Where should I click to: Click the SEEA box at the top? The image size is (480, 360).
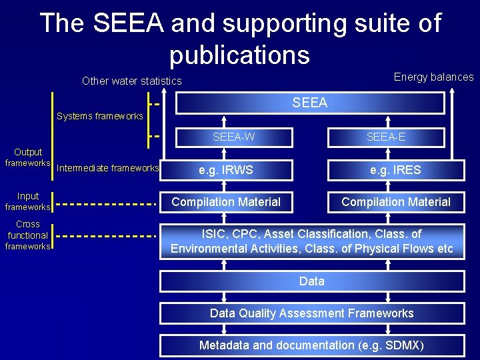click(310, 103)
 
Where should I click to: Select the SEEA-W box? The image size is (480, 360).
click(233, 137)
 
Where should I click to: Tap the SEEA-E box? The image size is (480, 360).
click(386, 137)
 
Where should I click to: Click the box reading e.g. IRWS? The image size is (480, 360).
click(226, 170)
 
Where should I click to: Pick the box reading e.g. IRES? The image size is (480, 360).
click(396, 170)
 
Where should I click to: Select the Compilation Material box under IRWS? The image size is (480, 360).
click(226, 201)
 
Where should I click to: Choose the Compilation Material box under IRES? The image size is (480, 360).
click(396, 201)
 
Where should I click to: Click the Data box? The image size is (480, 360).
click(311, 281)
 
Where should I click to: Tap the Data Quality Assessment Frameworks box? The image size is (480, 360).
click(311, 313)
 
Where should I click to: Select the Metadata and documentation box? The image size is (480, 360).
click(311, 345)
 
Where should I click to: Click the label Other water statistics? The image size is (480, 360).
click(131, 81)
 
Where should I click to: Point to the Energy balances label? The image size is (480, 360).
click(433, 77)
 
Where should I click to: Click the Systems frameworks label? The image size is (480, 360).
click(100, 116)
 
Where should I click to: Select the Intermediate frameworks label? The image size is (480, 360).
click(107, 168)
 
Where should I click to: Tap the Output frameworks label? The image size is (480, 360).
click(28, 157)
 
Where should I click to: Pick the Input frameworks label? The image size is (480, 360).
click(28, 201)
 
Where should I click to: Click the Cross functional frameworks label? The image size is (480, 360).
click(28, 235)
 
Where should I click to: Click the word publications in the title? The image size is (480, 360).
click(239, 54)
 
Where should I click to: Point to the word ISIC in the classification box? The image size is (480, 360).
click(215, 234)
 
